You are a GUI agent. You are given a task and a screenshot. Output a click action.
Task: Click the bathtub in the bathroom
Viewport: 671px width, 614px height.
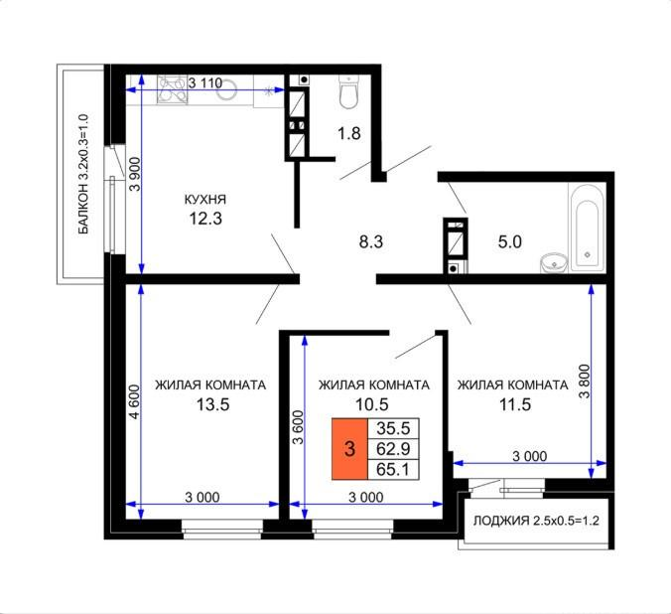(585, 226)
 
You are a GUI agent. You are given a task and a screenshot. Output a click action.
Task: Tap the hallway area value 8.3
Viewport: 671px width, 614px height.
(371, 239)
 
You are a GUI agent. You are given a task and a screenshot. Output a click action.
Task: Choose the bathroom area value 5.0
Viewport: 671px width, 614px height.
(509, 239)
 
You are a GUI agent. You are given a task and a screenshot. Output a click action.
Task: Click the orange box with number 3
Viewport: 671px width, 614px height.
(348, 448)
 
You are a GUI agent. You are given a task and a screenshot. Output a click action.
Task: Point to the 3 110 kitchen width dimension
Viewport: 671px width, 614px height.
(204, 82)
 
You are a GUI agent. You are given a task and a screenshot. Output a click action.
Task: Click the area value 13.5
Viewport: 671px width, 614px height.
(208, 404)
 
